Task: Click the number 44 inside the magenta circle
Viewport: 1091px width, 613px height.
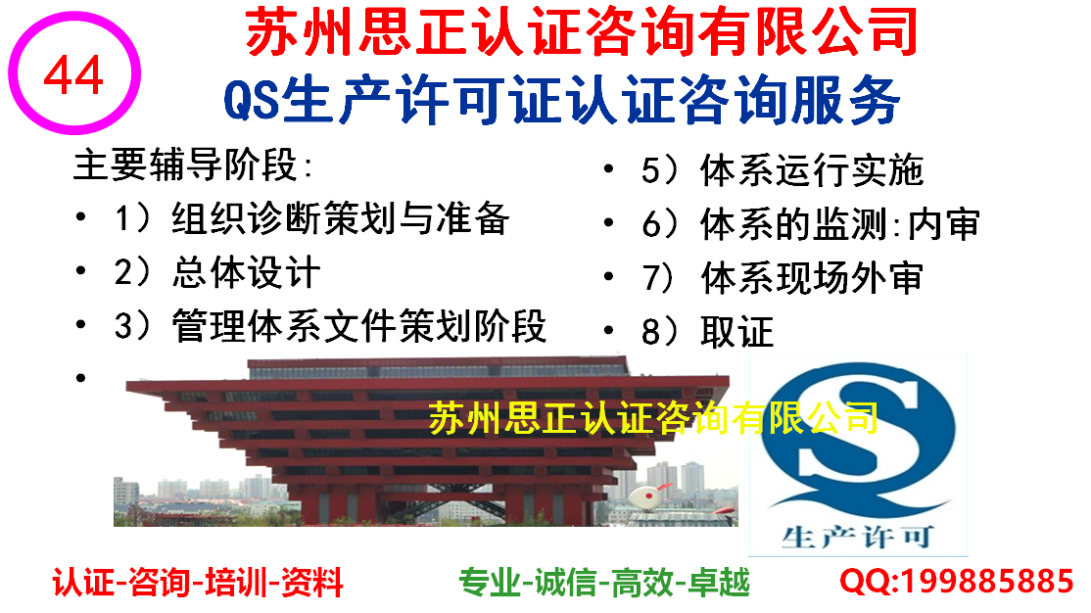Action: point(73,75)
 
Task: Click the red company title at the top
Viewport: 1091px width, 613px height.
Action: point(581,31)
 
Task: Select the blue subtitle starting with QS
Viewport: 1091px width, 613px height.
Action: point(561,101)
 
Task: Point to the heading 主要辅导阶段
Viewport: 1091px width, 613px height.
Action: point(194,165)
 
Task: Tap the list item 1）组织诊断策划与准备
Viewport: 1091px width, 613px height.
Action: point(311,218)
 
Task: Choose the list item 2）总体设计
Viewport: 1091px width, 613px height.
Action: point(217,272)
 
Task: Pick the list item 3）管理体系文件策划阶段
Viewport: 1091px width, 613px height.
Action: point(330,326)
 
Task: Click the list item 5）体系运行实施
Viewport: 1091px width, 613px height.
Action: point(783,170)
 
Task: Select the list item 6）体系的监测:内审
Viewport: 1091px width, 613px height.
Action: point(811,224)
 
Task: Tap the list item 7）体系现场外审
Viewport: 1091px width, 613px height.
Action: point(783,278)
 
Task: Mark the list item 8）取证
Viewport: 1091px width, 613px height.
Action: point(708,331)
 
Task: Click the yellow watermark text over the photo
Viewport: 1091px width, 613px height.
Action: point(652,418)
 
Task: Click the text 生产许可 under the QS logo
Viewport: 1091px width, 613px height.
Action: point(857,538)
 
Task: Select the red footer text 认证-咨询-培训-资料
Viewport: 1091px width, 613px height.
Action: point(198,582)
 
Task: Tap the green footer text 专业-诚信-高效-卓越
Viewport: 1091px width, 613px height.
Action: point(604,582)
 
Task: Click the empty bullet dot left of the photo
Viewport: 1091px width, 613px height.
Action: point(81,378)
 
